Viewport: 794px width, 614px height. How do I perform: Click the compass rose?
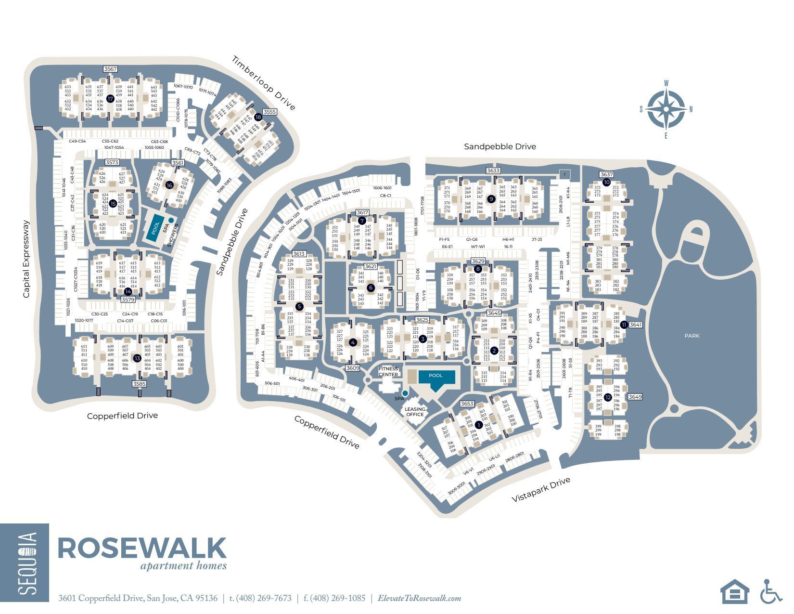tap(666, 109)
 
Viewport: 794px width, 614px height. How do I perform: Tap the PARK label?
tap(692, 336)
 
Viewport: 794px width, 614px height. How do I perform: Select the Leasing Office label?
tap(415, 412)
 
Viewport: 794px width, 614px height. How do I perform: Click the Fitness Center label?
tap(388, 371)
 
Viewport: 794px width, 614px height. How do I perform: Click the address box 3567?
tap(110, 69)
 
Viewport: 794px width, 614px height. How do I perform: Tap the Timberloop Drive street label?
tap(263, 83)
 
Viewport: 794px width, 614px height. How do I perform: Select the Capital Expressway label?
tap(26, 259)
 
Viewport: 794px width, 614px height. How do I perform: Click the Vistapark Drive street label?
tap(540, 489)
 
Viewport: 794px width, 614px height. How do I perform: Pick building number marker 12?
tap(608, 397)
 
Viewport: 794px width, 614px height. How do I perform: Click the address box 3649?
tap(635, 397)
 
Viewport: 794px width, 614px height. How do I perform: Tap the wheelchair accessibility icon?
tap(771, 591)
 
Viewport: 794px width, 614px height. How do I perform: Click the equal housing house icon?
tap(734, 591)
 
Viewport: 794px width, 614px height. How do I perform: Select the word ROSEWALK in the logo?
tap(142, 548)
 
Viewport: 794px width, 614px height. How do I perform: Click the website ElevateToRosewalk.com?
tap(419, 598)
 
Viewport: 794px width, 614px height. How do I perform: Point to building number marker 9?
tap(491, 198)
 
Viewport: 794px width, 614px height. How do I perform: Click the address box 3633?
tap(493, 170)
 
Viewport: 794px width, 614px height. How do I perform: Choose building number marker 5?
tap(299, 306)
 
